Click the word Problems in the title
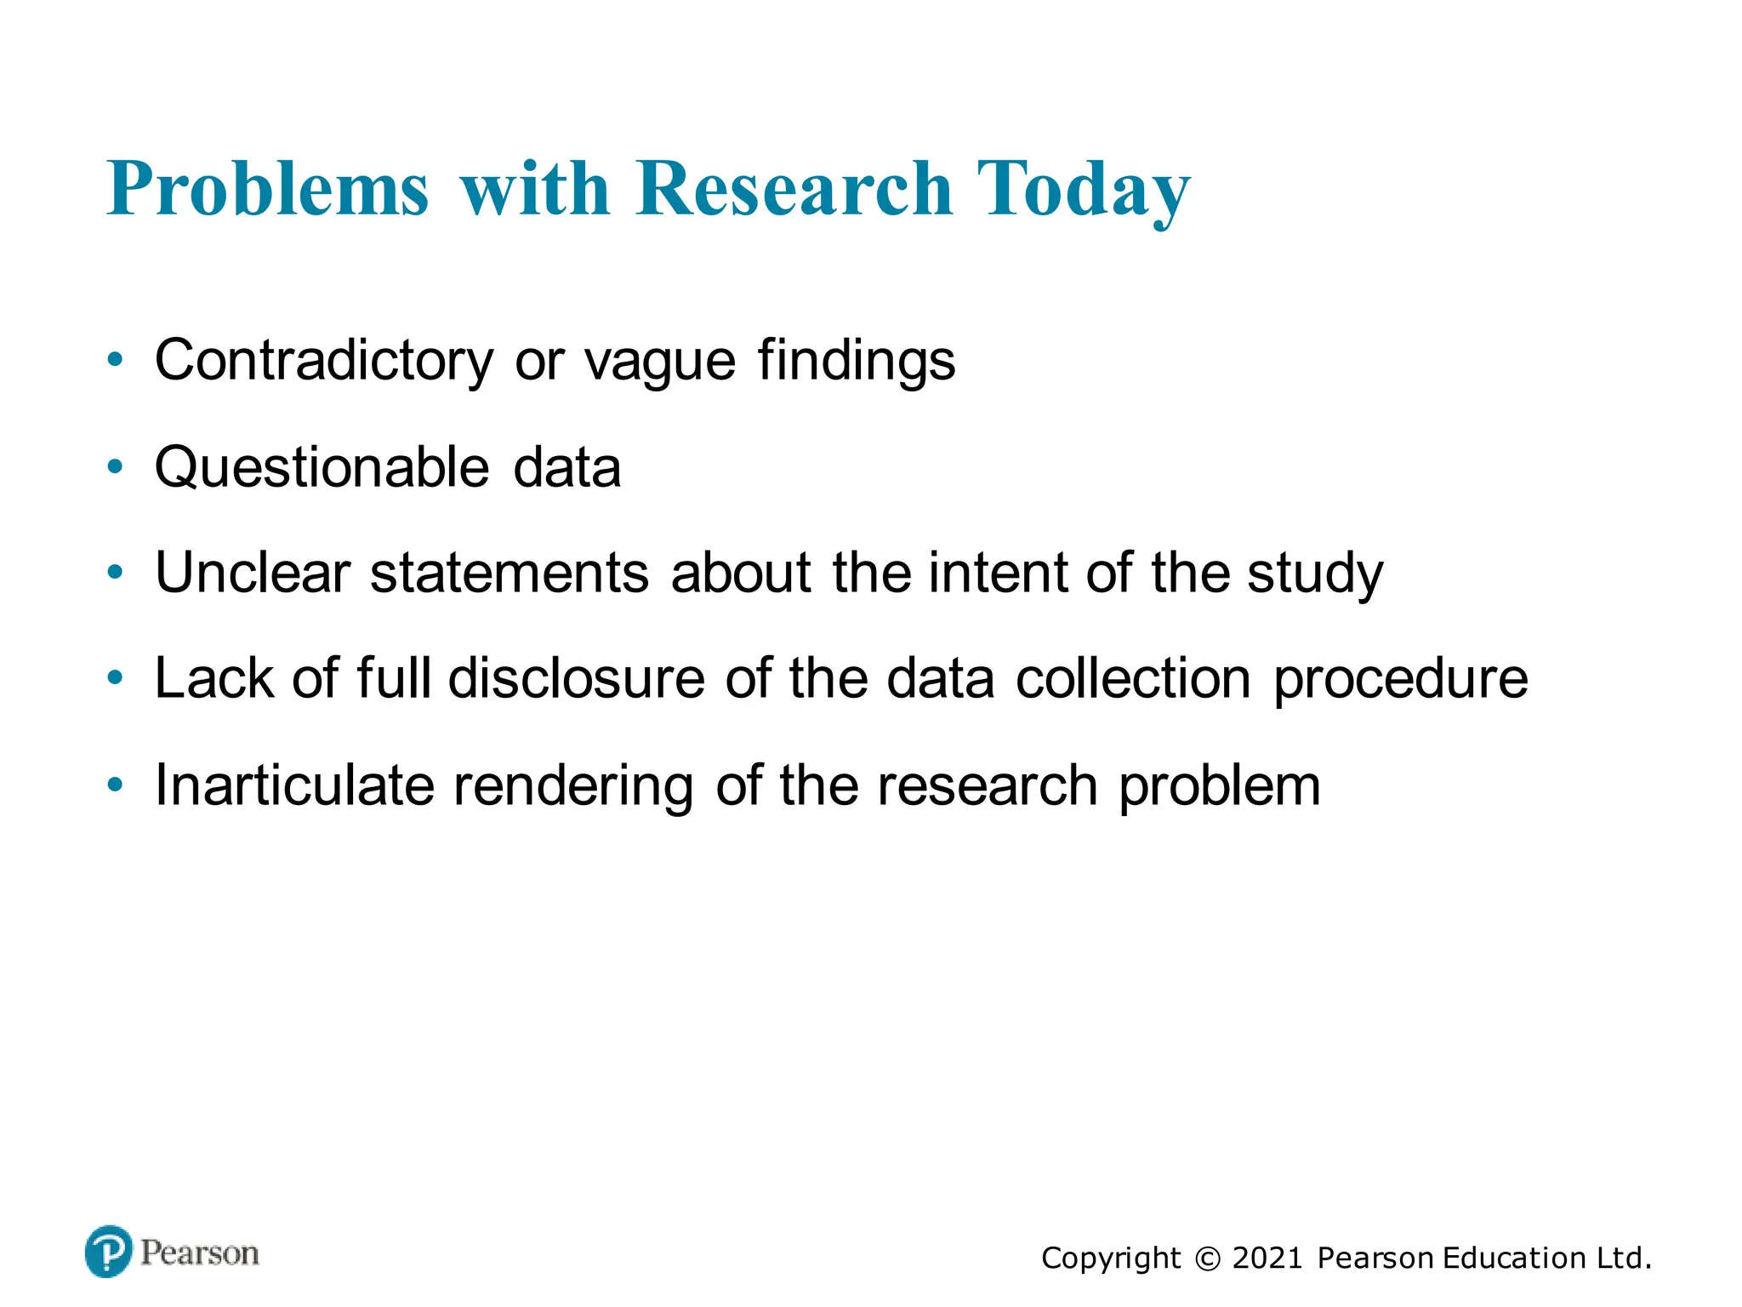(268, 189)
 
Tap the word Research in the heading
(793, 189)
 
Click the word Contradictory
(323, 361)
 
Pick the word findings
(857, 361)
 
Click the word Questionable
(322, 468)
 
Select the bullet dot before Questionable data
(116, 466)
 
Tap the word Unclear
(253, 573)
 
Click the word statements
(510, 573)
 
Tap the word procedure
(1400, 680)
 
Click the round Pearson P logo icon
(109, 1251)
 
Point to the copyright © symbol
(1207, 1258)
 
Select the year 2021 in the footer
(1267, 1258)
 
